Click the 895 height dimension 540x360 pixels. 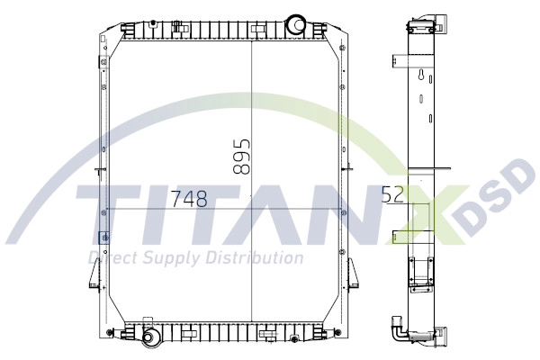click(239, 156)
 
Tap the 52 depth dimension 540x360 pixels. click(392, 194)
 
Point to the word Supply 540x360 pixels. click(171, 259)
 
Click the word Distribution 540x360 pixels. click(254, 258)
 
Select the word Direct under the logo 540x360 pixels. click(110, 259)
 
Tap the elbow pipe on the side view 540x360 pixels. click(398, 333)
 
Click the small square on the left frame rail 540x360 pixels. click(105, 237)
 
